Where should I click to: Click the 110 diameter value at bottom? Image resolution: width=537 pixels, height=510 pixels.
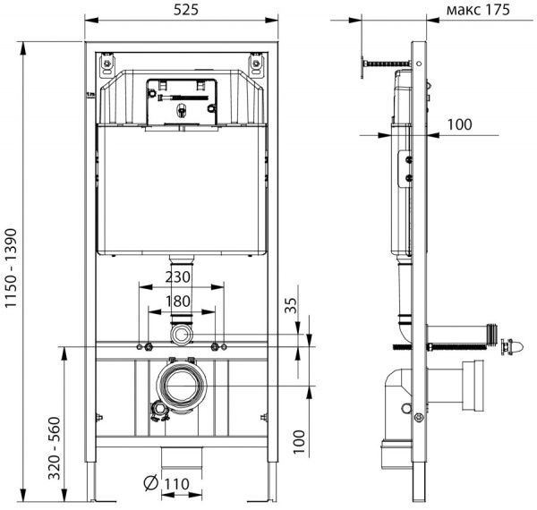[177, 484]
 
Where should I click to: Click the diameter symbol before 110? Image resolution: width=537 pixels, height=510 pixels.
[151, 484]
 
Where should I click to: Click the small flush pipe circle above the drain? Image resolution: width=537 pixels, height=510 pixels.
[182, 335]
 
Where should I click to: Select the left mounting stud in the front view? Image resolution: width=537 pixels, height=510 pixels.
[142, 346]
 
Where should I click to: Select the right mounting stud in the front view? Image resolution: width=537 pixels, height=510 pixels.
[216, 346]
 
